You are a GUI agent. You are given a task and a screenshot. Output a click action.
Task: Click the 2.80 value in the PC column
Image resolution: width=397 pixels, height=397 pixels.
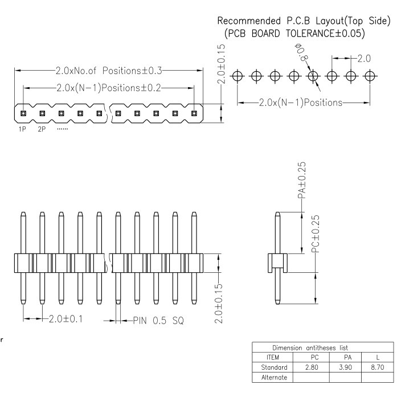312,367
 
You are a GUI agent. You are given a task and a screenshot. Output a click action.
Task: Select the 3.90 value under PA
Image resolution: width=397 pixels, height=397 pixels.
346,367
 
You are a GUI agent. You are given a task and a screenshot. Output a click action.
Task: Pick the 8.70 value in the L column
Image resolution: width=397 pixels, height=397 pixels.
378,367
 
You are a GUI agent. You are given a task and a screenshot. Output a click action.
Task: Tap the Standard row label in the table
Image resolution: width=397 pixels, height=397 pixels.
274,367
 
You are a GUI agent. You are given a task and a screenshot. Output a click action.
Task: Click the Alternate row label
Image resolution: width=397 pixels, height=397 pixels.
274,377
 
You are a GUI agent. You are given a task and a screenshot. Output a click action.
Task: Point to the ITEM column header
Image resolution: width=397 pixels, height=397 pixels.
273,357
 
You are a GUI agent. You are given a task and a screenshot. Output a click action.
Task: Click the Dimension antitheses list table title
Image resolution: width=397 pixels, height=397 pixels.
310,347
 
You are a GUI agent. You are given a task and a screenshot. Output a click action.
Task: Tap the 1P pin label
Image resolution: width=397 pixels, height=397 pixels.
22,129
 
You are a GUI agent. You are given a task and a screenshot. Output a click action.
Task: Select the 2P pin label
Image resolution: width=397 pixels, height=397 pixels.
42,129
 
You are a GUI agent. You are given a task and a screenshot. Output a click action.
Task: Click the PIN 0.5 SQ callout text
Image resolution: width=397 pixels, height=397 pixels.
158,321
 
